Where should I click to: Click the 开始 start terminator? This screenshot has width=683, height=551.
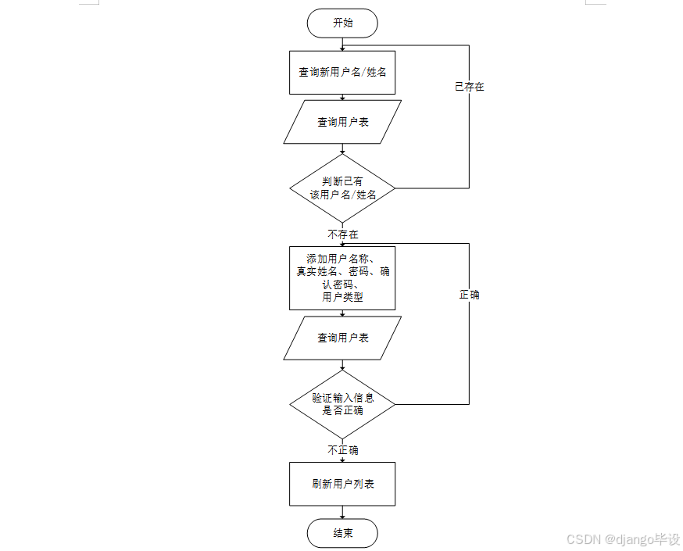342,23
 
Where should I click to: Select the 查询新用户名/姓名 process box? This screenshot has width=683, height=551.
342,72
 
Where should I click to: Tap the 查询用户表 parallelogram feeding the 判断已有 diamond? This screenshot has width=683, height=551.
342,122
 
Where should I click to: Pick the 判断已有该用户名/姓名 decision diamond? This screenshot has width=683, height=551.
342,188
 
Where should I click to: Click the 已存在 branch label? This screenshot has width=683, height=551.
470,87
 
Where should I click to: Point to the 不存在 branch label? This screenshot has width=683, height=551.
343,234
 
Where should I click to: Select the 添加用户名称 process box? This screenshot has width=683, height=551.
342,277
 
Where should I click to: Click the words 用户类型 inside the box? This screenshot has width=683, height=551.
342,297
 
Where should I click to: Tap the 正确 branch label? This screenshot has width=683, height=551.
470,295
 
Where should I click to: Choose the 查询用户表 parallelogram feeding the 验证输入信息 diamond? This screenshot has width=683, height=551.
342,338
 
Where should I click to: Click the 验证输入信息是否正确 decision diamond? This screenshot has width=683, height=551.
342,404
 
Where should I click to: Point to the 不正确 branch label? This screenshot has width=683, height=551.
343,450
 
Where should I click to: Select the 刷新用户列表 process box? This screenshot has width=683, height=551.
342,484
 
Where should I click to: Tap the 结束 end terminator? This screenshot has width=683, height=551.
342,533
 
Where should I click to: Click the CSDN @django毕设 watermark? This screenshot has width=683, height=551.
623,539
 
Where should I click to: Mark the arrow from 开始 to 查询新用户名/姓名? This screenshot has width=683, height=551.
342,44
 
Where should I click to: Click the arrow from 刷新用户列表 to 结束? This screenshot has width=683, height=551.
342,511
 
